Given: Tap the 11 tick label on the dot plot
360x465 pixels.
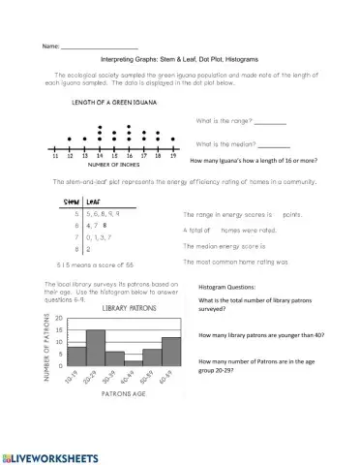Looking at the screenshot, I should coord(56,155).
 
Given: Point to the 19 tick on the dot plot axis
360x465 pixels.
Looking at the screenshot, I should coord(173,155).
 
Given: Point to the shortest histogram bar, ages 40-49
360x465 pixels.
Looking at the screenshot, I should coord(134,361).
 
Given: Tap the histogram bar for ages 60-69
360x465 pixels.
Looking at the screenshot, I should coord(171,351).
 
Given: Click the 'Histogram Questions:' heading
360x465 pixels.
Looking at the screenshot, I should coord(227,288).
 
